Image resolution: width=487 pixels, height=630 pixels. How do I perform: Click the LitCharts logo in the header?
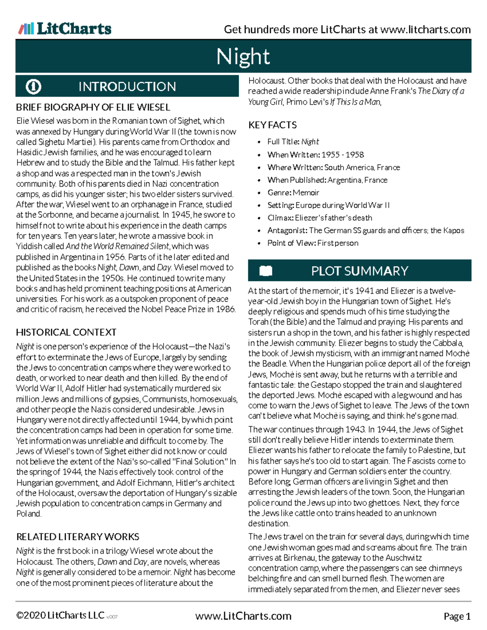click(65, 29)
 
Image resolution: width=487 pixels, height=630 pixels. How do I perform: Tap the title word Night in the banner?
click(243, 56)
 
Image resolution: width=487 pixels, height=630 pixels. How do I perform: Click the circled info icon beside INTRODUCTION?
click(33, 86)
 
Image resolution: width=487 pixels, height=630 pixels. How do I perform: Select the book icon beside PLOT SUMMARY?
click(265, 271)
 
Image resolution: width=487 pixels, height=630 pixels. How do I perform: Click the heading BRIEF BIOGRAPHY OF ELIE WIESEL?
click(93, 108)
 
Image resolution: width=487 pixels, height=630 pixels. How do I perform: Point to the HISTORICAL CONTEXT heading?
click(66, 332)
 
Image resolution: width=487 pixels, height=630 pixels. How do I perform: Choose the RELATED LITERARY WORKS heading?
click(78, 537)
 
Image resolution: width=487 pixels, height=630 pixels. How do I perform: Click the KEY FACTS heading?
click(272, 125)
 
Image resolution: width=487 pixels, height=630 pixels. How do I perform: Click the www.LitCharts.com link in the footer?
click(243, 616)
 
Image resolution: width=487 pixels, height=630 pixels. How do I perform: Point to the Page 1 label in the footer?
click(457, 616)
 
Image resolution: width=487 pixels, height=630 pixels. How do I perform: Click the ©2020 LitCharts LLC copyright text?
click(60, 615)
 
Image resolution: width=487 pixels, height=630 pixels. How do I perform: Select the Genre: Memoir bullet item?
click(293, 192)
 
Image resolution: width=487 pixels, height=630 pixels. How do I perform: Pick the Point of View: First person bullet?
click(312, 243)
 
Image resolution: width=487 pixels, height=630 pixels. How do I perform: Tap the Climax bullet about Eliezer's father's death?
click(319, 217)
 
